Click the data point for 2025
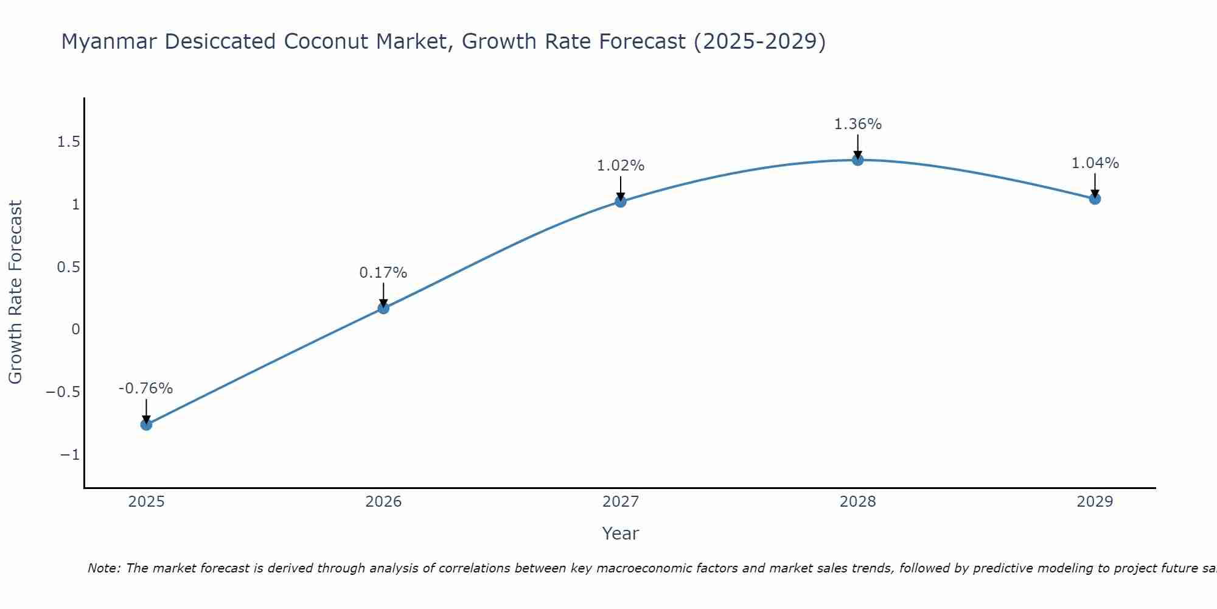tap(146, 424)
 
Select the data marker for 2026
tap(383, 308)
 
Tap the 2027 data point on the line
tap(621, 202)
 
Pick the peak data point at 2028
tap(858, 160)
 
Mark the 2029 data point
tap(1095, 199)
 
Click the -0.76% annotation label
tap(146, 389)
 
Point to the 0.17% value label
tap(383, 273)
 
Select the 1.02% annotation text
tap(621, 166)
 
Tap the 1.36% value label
tap(858, 124)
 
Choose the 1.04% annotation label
tap(1095, 163)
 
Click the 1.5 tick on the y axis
tap(68, 142)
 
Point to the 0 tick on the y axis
tap(75, 329)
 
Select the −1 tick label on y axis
tap(70, 455)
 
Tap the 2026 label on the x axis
tap(383, 502)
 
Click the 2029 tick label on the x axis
tap(1095, 502)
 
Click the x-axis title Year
tap(620, 533)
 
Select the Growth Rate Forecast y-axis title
tap(15, 292)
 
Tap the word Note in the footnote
tap(103, 568)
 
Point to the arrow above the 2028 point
tap(858, 146)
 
